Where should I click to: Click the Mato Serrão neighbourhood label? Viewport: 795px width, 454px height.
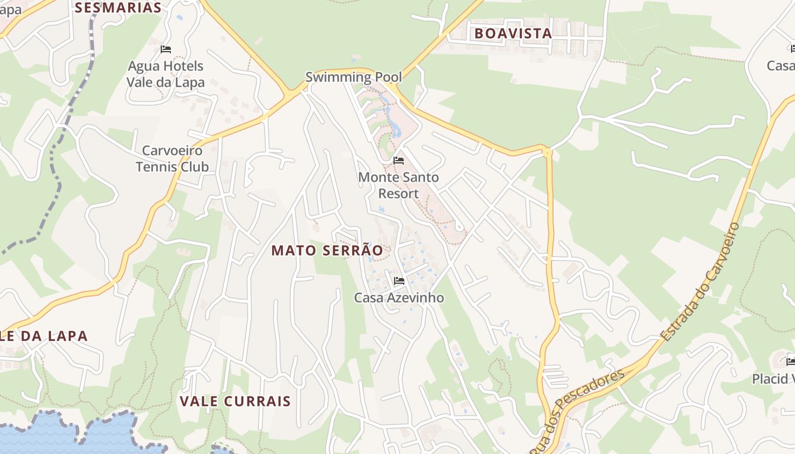pyautogui.click(x=327, y=250)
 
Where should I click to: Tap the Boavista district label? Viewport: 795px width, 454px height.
pyautogui.click(x=513, y=33)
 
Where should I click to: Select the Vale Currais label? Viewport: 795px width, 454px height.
pyautogui.click(x=235, y=401)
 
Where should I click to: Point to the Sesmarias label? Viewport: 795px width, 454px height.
pyautogui.click(x=118, y=7)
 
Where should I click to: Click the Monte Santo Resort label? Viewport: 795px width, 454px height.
pyautogui.click(x=399, y=186)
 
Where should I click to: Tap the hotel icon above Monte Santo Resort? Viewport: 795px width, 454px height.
pyautogui.click(x=399, y=161)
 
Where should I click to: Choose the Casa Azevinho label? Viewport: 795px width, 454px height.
pyautogui.click(x=399, y=298)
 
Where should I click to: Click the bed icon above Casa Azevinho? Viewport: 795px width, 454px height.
pyautogui.click(x=399, y=280)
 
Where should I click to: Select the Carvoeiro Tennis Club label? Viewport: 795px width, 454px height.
pyautogui.click(x=172, y=159)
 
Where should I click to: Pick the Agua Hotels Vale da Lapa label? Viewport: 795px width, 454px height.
pyautogui.click(x=165, y=74)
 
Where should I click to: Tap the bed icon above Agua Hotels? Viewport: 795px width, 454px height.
pyautogui.click(x=165, y=49)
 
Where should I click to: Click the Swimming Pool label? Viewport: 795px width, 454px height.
pyautogui.click(x=353, y=77)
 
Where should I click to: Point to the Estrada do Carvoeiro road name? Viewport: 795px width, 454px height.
pyautogui.click(x=702, y=281)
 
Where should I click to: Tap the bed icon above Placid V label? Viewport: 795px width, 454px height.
pyautogui.click(x=790, y=361)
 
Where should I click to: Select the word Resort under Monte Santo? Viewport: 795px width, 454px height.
pyautogui.click(x=399, y=194)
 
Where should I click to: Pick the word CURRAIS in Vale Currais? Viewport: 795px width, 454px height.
pyautogui.click(x=259, y=401)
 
